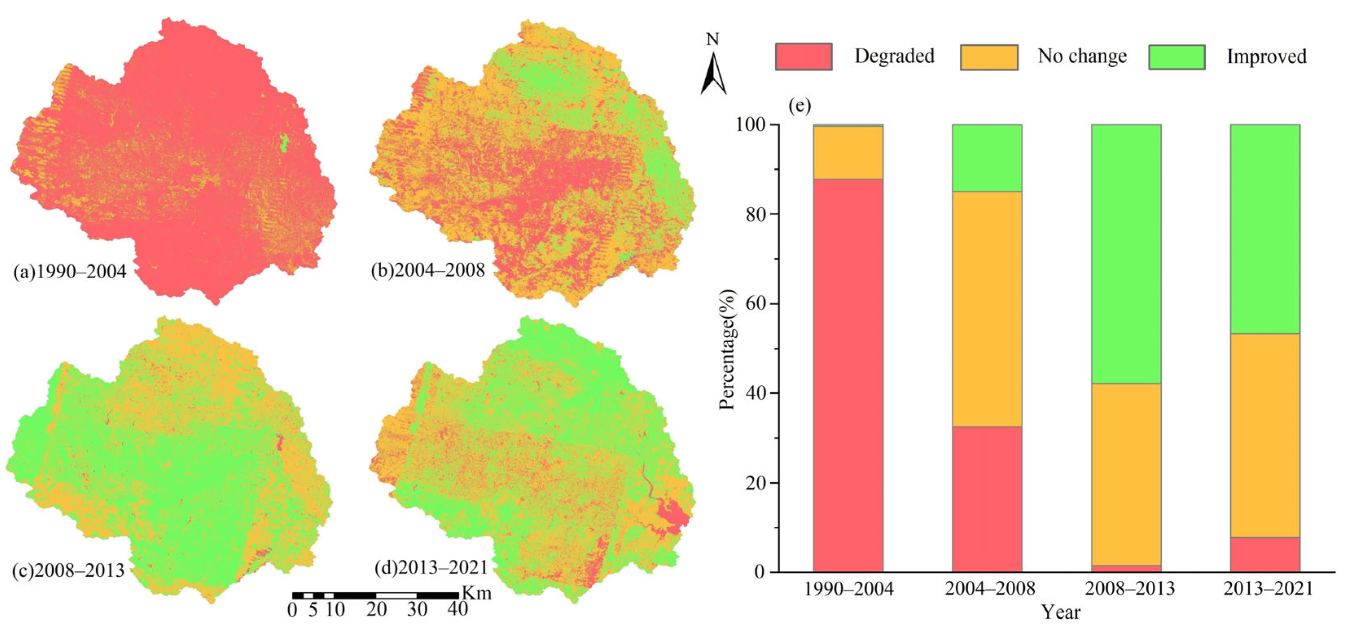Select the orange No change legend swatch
pyautogui.click(x=989, y=57)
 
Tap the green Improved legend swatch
pyautogui.click(x=1176, y=57)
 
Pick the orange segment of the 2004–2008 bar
pyautogui.click(x=987, y=309)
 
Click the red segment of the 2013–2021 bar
pyautogui.click(x=1265, y=554)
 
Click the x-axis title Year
pyautogui.click(x=1060, y=611)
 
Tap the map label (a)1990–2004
pyautogui.click(x=70, y=272)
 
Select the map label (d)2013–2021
pyautogui.click(x=431, y=567)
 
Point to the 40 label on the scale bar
pyautogui.click(x=458, y=609)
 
